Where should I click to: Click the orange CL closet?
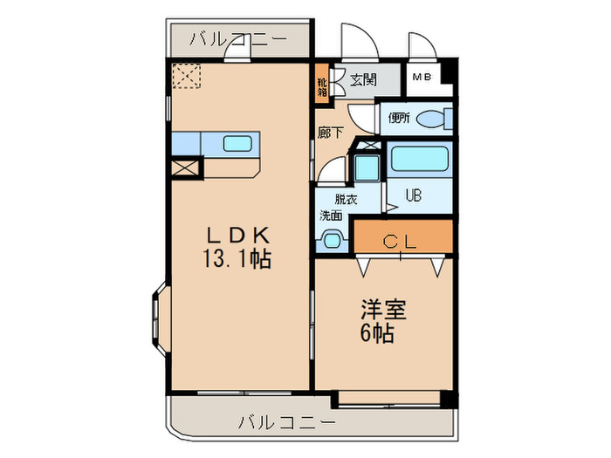tap(403, 237)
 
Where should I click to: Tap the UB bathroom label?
tap(413, 195)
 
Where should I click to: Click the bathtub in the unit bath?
tap(420, 160)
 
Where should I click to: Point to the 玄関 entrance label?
tap(362, 80)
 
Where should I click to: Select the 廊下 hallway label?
tap(331, 133)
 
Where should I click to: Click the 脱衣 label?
tap(345, 199)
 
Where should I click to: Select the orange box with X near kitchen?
tap(186, 168)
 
